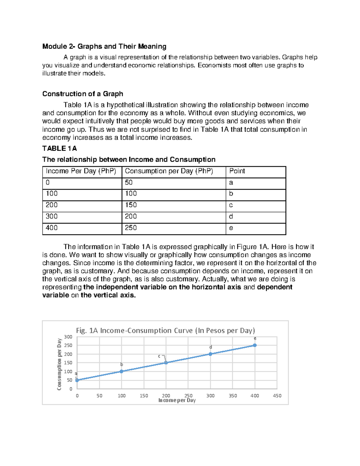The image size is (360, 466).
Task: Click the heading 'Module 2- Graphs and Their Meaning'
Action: pos(104,47)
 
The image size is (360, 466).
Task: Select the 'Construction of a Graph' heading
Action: pos(82,94)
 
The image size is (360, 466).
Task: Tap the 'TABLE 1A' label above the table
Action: pos(59,149)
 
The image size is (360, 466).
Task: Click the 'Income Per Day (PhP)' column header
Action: pos(81,171)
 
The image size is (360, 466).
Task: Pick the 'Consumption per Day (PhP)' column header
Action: pos(169,171)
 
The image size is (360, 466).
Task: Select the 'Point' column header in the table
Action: pos(237,171)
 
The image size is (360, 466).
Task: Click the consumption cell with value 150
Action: pos(131,205)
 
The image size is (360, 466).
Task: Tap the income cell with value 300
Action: pos(52,216)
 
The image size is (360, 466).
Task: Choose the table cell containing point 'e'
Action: pos(231,228)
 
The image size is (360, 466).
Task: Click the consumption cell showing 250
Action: pos(131,228)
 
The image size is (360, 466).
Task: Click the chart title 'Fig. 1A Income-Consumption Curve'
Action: pos(165,330)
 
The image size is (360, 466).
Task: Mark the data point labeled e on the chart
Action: pos(255,345)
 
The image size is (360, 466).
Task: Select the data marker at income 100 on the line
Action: pos(121,371)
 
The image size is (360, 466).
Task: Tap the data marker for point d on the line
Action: pos(210,354)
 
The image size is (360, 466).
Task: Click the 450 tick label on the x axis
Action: pos(277,396)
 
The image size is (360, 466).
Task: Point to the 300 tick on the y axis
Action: pos(68,337)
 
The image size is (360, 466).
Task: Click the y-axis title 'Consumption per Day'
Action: pos(59,364)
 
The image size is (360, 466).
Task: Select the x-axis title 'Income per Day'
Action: pos(177,400)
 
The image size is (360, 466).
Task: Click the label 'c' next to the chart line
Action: pos(159,356)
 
